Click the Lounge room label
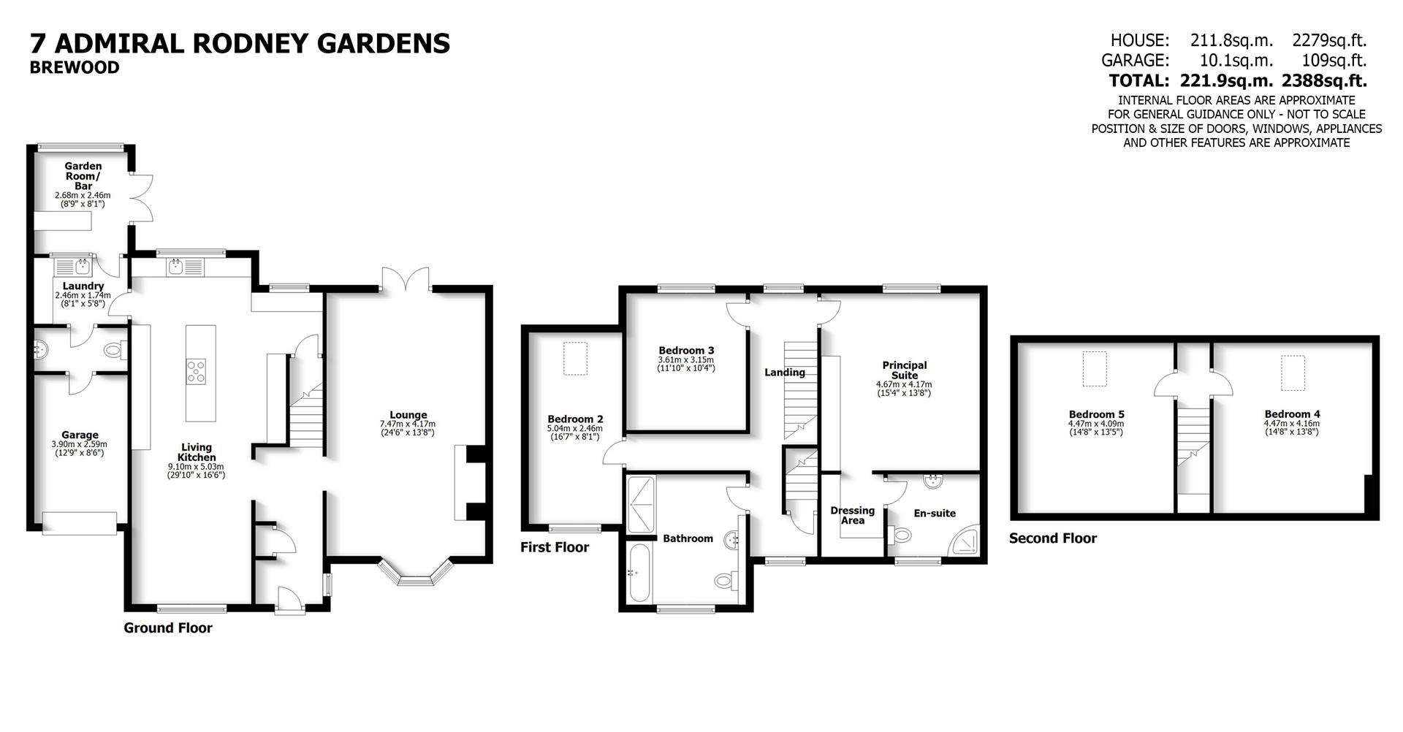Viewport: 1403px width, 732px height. (408, 415)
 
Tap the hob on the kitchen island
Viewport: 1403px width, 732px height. (196, 371)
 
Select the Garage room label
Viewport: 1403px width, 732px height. (80, 435)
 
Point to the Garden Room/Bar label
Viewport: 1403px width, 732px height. (83, 176)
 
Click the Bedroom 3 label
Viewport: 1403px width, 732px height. (686, 351)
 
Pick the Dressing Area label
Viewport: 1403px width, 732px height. (852, 515)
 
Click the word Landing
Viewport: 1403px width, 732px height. (785, 373)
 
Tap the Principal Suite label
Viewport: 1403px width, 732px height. (904, 370)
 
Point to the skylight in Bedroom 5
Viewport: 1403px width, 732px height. (1094, 369)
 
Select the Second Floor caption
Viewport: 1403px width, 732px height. (1052, 538)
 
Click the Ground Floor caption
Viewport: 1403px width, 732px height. (168, 628)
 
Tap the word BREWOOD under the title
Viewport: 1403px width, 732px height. (75, 68)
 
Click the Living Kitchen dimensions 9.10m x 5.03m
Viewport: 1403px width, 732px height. (196, 466)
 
